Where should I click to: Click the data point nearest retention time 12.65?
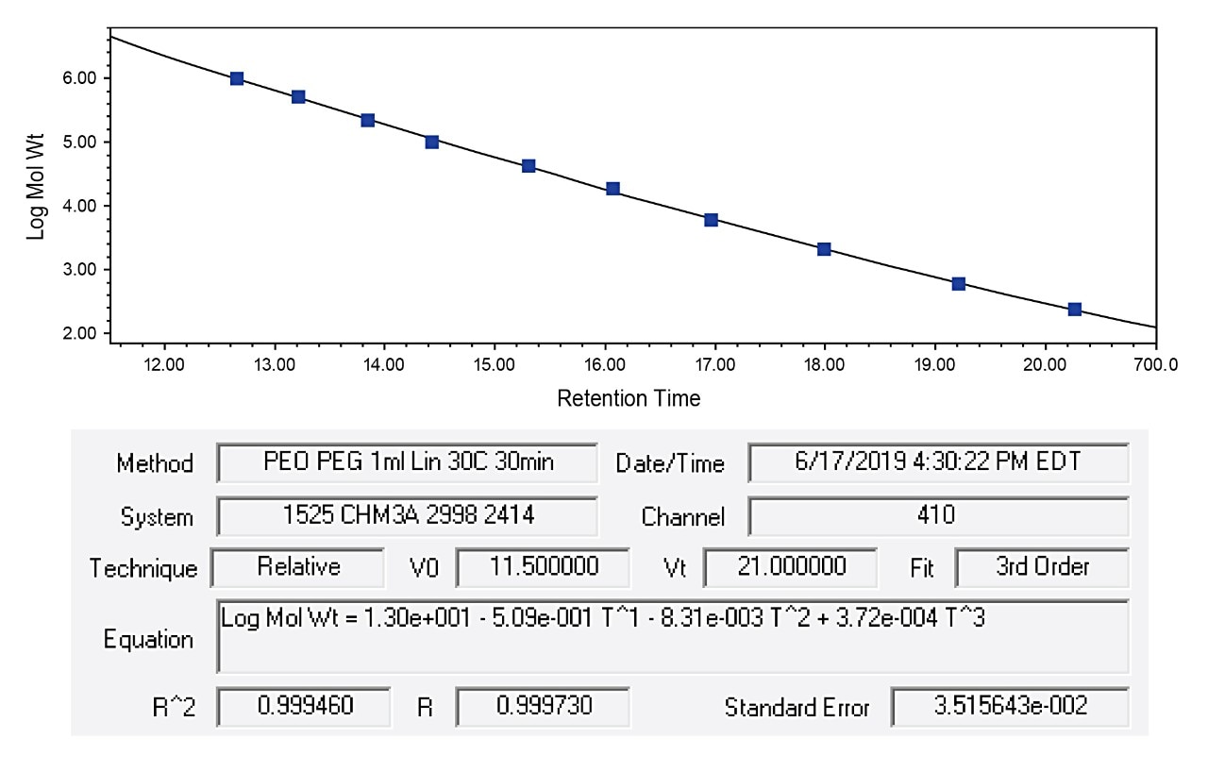(x=237, y=78)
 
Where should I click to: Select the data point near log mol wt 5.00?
(x=432, y=142)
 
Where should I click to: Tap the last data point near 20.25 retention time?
(x=1074, y=310)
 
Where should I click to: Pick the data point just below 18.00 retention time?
(x=824, y=249)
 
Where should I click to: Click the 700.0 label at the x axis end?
(x=1159, y=364)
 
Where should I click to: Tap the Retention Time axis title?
(x=629, y=399)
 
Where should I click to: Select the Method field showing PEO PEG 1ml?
(x=408, y=462)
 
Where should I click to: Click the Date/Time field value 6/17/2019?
(x=938, y=462)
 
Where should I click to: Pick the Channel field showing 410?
(x=938, y=515)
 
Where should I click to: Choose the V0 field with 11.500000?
(x=543, y=567)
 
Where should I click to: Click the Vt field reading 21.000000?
(x=790, y=567)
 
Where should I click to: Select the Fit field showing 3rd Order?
(x=1041, y=567)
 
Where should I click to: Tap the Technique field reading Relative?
(x=297, y=567)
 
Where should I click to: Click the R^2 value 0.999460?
(x=303, y=706)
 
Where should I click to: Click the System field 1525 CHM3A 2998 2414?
(x=408, y=515)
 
